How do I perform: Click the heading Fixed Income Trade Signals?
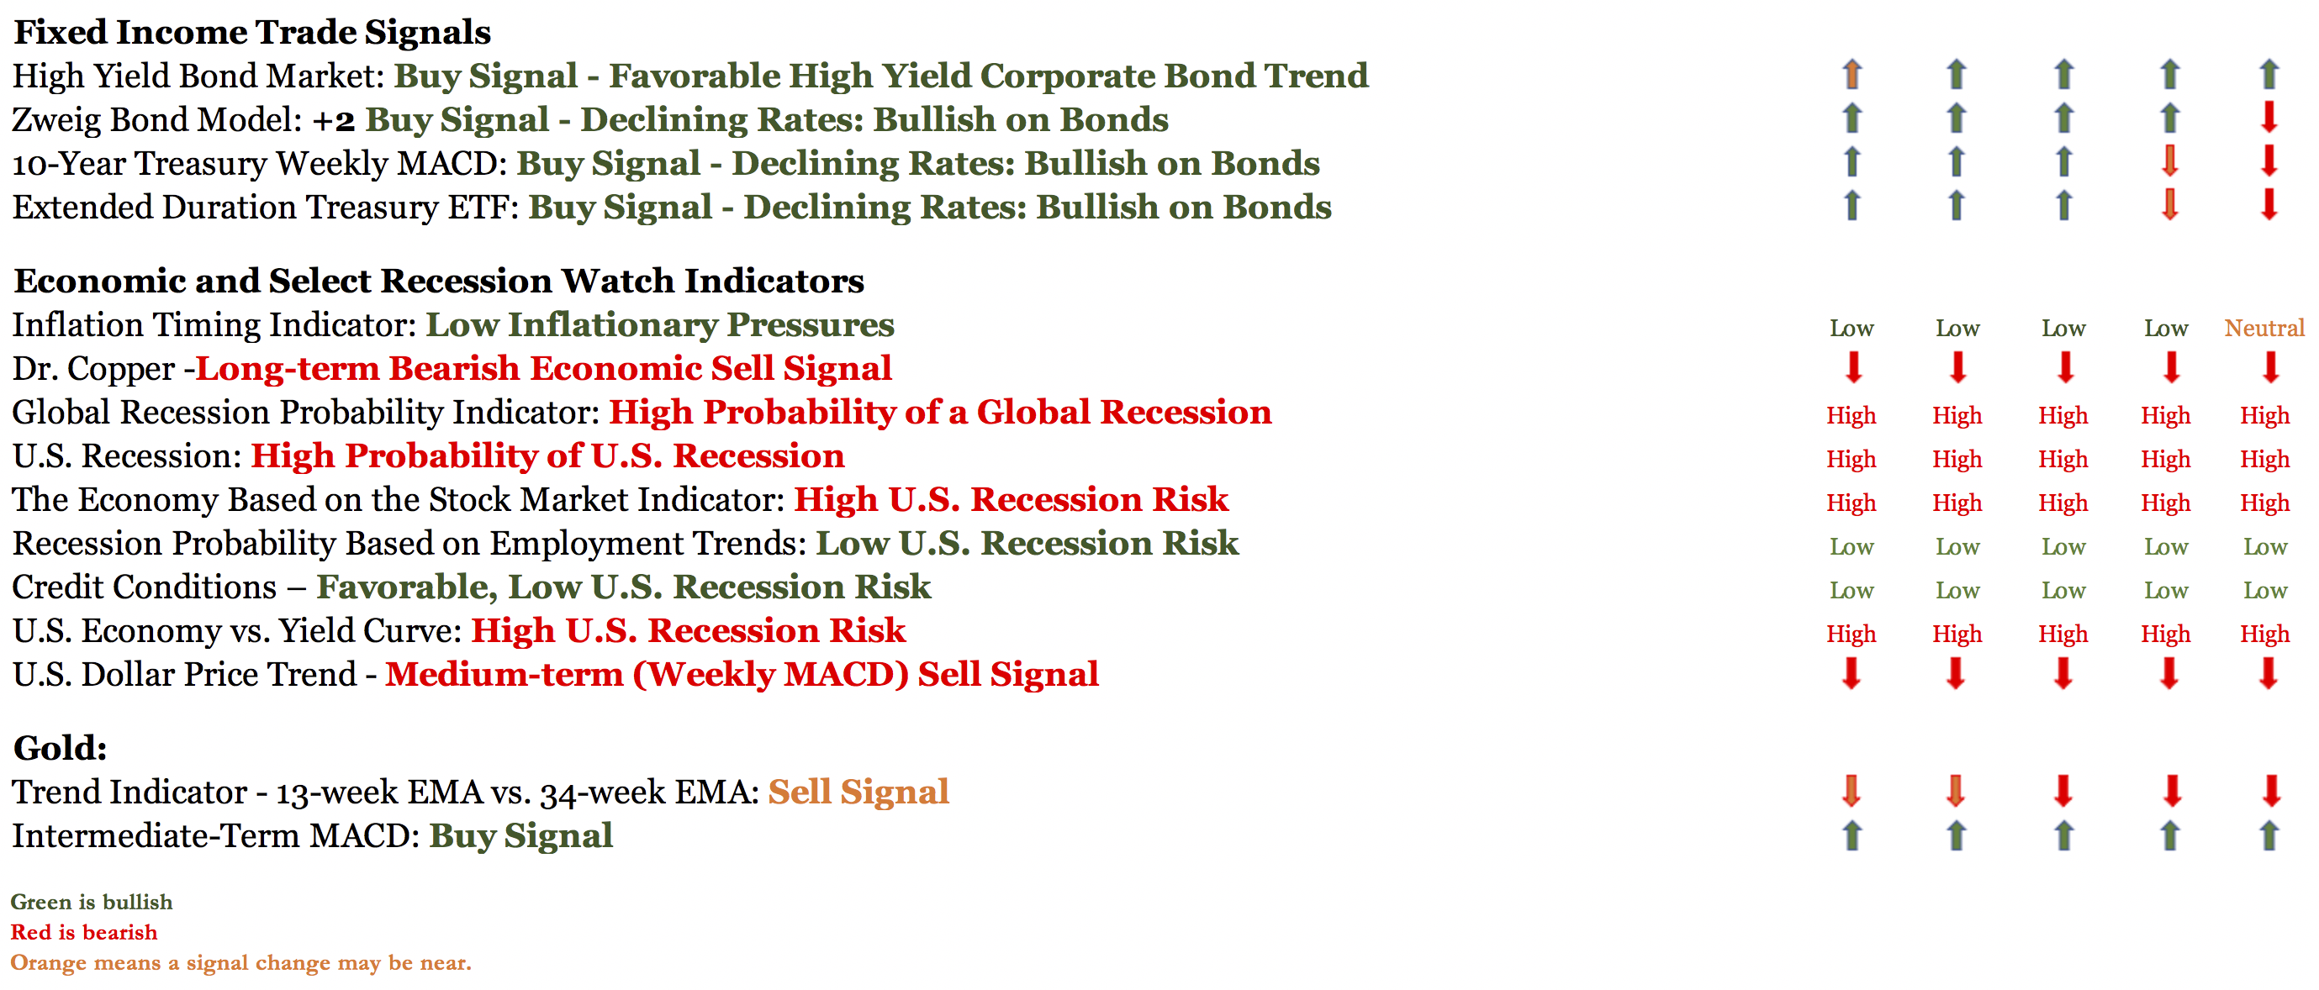click(252, 33)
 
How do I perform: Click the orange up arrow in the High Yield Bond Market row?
click(1852, 74)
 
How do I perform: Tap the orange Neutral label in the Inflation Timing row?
click(2264, 328)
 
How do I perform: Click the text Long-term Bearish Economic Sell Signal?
click(544, 368)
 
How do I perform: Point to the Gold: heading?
click(61, 748)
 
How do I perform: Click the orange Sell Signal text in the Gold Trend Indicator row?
click(858, 792)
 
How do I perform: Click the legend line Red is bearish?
click(84, 932)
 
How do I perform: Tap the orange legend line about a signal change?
click(241, 963)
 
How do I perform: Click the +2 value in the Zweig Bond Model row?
click(333, 119)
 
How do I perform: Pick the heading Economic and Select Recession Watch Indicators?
click(439, 281)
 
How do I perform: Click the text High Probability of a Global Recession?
click(941, 412)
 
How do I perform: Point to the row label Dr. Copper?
click(93, 369)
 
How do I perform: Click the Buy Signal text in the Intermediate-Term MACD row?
click(521, 836)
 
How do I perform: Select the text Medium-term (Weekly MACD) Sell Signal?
click(742, 675)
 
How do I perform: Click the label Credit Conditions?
click(144, 587)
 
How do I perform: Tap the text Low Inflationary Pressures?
click(660, 325)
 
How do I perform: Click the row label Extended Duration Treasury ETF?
click(266, 208)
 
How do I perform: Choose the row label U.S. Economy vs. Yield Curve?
click(238, 631)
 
